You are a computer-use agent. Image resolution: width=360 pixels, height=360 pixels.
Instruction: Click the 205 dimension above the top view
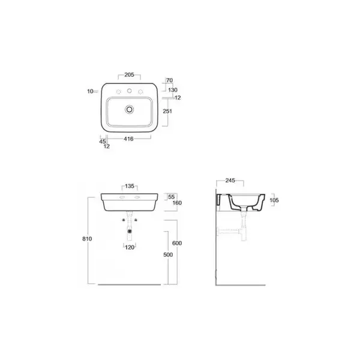pos(129,74)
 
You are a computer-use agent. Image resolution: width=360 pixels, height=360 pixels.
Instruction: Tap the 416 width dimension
pos(128,139)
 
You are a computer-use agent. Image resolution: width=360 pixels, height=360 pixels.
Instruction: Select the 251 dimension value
pos(167,111)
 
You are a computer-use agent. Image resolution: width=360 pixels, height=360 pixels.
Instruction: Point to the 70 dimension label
pos(169,80)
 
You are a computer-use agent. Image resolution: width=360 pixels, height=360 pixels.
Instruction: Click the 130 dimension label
pos(173,90)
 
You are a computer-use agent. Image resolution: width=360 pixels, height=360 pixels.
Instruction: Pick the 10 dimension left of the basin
pos(90,91)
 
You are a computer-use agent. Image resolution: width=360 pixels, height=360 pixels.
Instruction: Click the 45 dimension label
pos(103,142)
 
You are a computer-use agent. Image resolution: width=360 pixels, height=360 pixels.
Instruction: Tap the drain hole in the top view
pos(130,109)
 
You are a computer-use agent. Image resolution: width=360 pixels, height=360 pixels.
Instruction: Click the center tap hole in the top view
pos(130,91)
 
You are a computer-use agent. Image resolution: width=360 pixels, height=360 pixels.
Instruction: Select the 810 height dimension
pos(87,239)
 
